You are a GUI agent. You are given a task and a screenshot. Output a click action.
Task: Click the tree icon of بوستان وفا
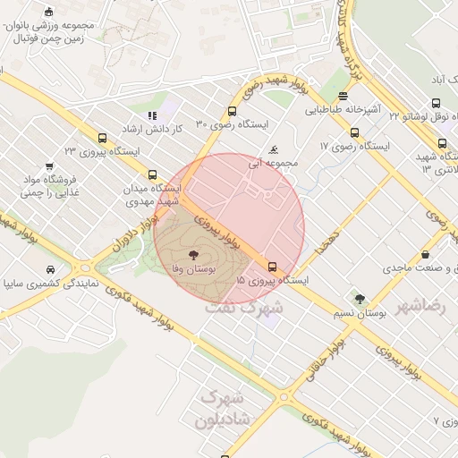pos(194,256)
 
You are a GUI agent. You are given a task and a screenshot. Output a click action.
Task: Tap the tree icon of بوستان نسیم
pos(360,300)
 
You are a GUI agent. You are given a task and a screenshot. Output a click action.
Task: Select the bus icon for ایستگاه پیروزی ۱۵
pos(273,267)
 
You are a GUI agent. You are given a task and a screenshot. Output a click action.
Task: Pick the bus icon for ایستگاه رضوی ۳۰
pos(233,112)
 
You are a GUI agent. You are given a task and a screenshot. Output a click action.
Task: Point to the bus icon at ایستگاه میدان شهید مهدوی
pos(153,175)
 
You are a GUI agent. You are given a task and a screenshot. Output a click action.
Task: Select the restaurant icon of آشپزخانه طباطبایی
pos(344,97)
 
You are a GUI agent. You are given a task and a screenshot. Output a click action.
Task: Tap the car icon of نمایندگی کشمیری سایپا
pos(50,269)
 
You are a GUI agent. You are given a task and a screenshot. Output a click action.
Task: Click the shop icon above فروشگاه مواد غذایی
pos(48,165)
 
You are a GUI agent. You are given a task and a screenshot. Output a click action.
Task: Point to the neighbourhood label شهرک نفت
pos(243,306)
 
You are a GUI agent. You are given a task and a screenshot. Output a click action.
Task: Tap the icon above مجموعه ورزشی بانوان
pos(48,13)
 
